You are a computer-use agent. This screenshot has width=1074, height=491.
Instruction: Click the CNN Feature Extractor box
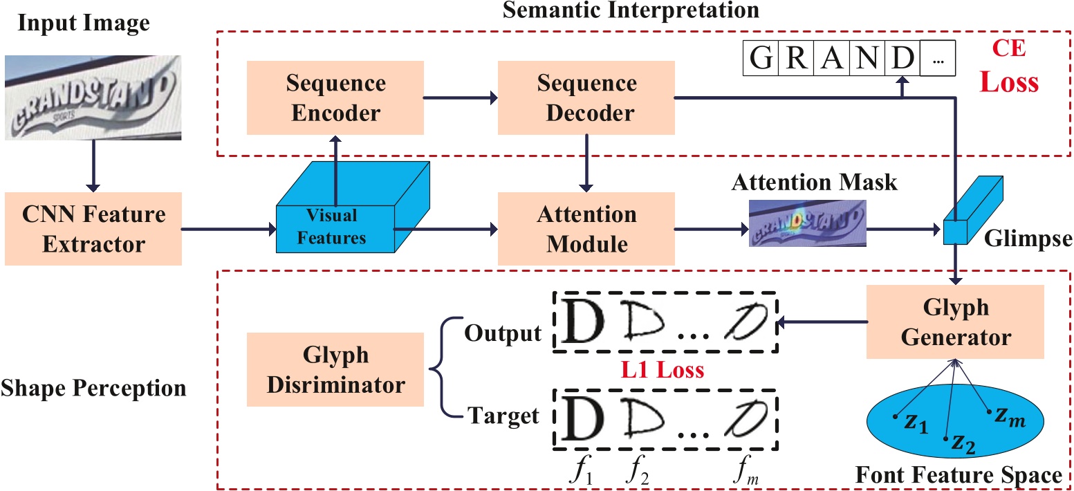click(93, 229)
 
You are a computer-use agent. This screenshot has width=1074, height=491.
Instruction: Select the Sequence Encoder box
click(335, 98)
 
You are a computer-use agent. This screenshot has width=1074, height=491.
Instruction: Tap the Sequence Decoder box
click(586, 98)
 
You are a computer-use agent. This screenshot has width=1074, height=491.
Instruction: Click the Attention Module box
click(586, 229)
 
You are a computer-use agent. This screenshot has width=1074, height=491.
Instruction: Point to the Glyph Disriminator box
click(335, 370)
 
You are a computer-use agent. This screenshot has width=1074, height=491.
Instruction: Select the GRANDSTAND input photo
click(93, 98)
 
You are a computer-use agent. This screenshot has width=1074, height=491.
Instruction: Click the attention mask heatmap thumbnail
click(807, 223)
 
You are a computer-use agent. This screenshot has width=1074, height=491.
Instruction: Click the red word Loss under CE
click(1010, 83)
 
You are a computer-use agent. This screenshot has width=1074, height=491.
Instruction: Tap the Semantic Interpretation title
click(631, 10)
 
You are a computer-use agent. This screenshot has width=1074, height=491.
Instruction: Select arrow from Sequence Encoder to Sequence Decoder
click(460, 98)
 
